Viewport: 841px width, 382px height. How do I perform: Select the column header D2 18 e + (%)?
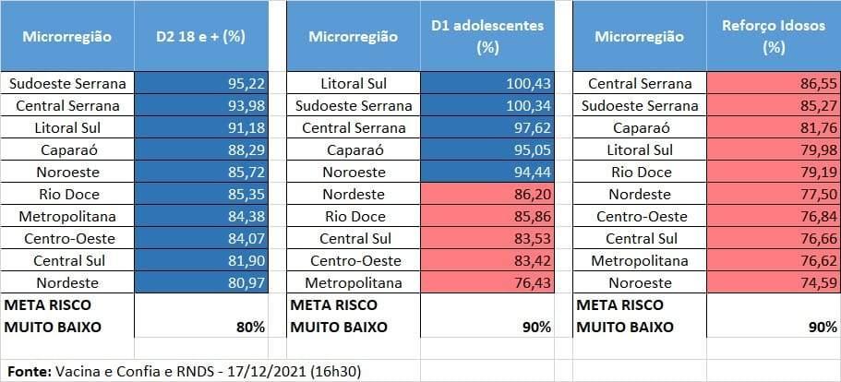[x=200, y=37]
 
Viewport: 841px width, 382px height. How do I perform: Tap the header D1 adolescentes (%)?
[x=487, y=37]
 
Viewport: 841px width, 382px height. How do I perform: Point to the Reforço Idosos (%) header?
[x=773, y=37]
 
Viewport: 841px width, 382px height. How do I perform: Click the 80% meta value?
[x=248, y=327]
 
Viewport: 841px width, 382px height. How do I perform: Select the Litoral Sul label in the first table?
[x=66, y=127]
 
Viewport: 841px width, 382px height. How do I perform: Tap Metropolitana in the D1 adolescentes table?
[x=353, y=282]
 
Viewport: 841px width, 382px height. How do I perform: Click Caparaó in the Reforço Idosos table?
[x=640, y=127]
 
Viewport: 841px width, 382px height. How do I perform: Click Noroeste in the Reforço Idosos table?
[x=640, y=282]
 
